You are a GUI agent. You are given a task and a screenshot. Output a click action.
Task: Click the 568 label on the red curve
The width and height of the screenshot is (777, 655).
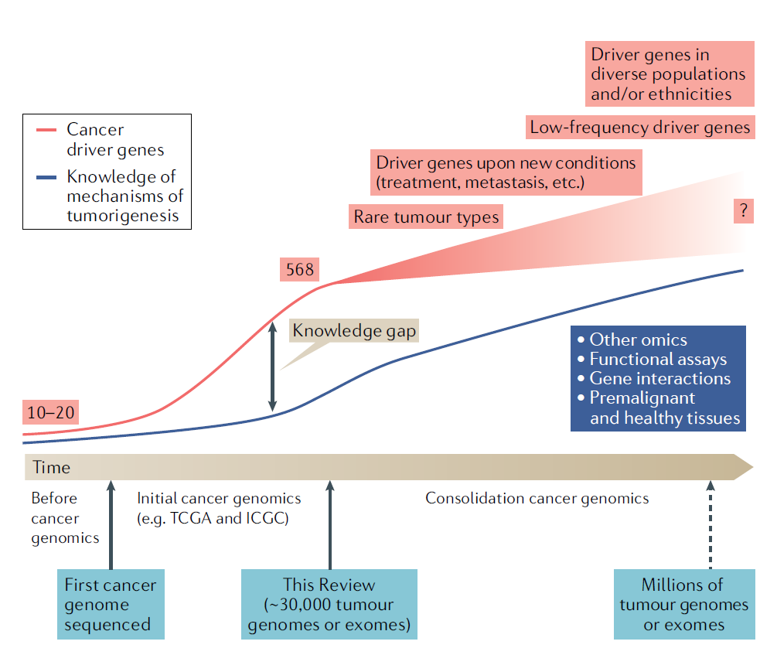(300, 270)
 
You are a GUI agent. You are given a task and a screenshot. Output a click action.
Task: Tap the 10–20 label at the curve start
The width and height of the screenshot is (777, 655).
(51, 412)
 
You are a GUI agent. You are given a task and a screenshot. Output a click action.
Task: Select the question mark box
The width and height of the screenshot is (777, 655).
(742, 211)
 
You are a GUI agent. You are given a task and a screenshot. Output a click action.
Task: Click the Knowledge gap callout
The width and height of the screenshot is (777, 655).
(354, 331)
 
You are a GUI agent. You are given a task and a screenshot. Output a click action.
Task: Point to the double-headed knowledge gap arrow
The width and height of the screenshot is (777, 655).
(271, 367)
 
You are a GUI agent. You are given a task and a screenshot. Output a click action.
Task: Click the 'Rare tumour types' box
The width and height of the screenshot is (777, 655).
(426, 217)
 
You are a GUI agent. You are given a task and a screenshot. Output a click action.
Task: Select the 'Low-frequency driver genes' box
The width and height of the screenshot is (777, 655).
(639, 128)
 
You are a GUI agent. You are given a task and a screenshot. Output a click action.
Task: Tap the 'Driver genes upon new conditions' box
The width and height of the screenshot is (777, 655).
(506, 173)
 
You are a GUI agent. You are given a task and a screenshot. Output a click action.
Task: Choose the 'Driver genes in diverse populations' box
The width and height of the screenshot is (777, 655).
(668, 74)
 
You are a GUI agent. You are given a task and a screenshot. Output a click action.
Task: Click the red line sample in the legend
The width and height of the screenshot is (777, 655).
(46, 131)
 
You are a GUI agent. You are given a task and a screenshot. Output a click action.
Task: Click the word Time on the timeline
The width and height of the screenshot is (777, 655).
(51, 467)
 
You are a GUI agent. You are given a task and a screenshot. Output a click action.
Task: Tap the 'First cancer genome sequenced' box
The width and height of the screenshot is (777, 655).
(111, 604)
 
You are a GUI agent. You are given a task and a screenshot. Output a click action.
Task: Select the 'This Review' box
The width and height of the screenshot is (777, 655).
(329, 604)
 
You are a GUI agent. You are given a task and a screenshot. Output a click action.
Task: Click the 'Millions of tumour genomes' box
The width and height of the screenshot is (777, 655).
(683, 604)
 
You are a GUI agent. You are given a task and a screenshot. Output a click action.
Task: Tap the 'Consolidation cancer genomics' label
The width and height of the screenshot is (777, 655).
(537, 498)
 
